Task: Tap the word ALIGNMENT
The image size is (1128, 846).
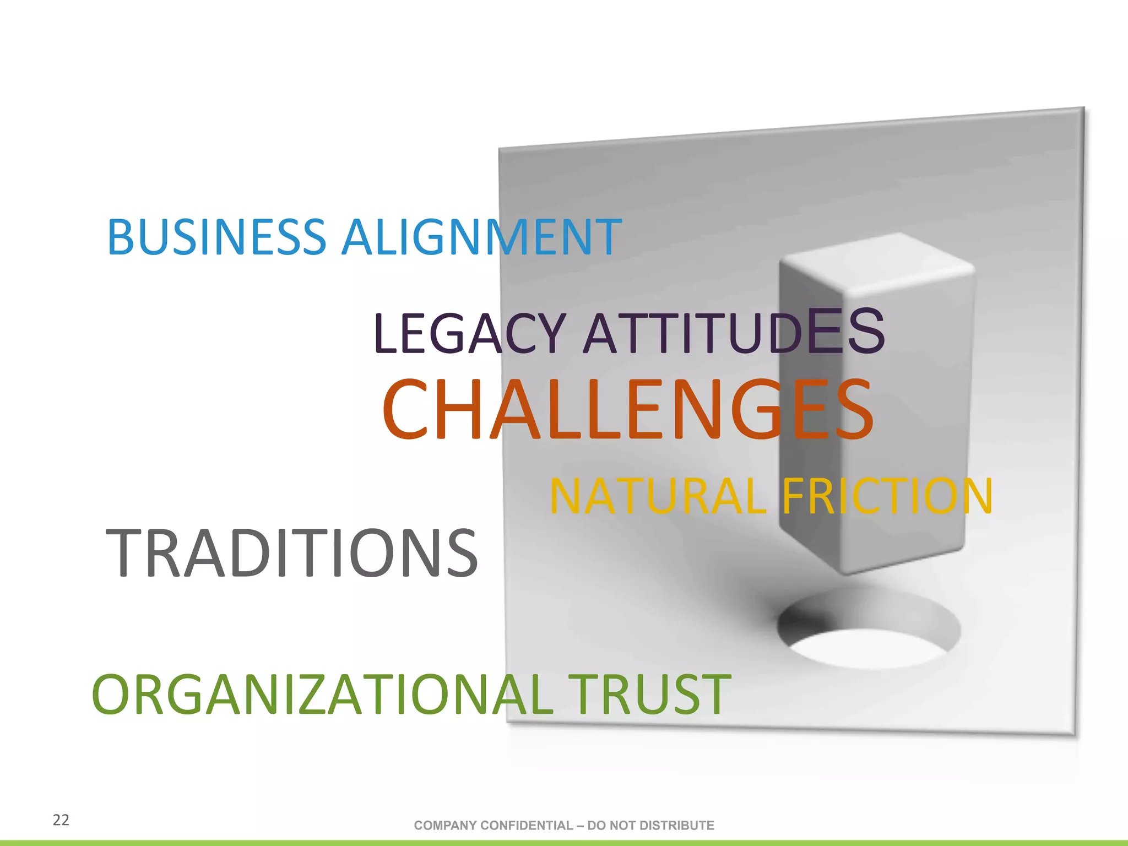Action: click(481, 237)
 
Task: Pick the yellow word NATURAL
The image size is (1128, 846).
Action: click(658, 496)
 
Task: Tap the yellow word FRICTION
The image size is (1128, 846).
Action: click(887, 496)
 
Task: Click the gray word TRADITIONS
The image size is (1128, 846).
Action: click(291, 553)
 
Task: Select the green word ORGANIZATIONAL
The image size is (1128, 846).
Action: click(323, 695)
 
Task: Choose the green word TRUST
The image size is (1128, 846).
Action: click(649, 695)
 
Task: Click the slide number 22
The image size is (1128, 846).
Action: click(61, 820)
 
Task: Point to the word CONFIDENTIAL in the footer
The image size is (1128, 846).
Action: click(527, 825)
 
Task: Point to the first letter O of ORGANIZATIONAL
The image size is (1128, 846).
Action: click(114, 695)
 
